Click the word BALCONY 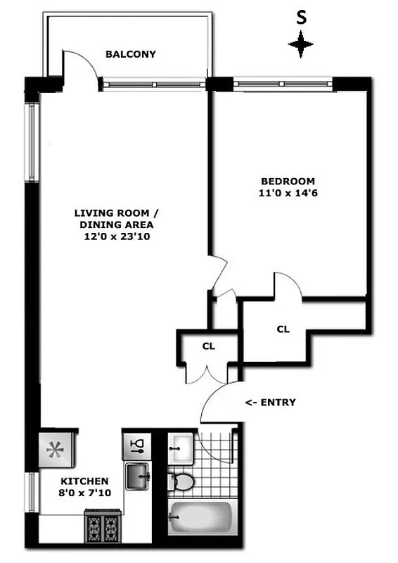[x=130, y=54]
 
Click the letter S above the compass [x=301, y=19]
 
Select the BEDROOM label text [x=288, y=181]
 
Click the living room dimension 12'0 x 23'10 [x=117, y=237]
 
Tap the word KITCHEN [x=84, y=481]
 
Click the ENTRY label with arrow [x=270, y=403]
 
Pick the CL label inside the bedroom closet [x=283, y=329]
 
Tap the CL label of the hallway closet [x=208, y=346]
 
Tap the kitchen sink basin [x=137, y=476]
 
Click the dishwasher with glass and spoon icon [x=137, y=445]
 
